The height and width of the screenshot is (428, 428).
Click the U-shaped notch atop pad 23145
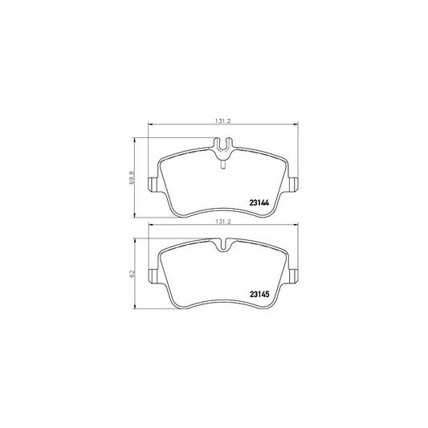click(x=223, y=244)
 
